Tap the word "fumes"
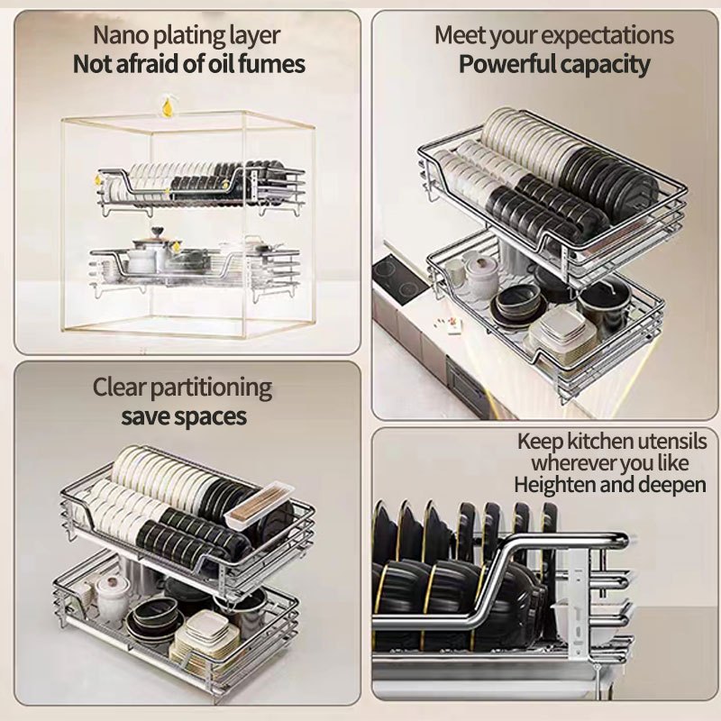click(270, 65)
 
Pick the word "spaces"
click(210, 417)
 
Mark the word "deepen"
click(673, 485)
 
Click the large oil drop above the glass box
click(168, 108)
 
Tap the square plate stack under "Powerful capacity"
click(562, 332)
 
